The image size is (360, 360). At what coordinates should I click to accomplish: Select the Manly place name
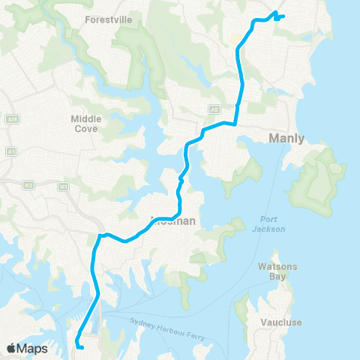(289, 137)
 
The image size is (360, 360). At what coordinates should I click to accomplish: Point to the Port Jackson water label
(268, 224)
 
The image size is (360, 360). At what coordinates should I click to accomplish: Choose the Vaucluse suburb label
(281, 322)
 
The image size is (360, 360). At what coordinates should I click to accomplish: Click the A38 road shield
(11, 118)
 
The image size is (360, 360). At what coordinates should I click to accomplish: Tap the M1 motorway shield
(64, 186)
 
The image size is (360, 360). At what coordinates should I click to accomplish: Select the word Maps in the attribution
(34, 349)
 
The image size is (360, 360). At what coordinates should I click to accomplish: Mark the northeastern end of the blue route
(283, 16)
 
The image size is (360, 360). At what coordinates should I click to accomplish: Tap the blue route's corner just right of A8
(235, 124)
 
